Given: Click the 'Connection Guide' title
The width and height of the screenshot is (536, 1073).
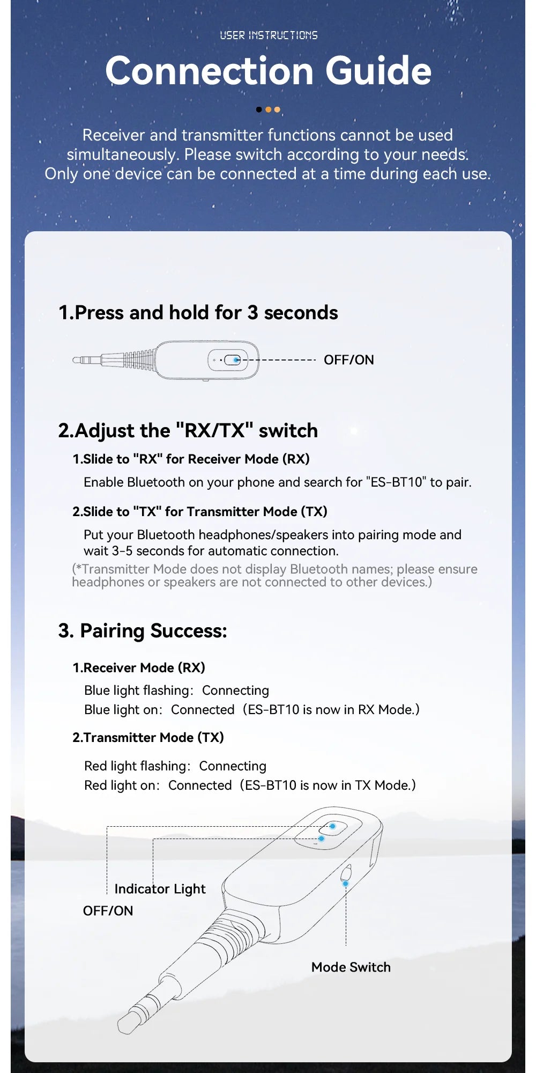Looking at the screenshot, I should (268, 71).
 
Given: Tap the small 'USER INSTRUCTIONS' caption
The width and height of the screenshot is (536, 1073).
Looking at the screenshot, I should (269, 35).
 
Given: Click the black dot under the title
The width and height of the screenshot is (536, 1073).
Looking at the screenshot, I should (259, 109).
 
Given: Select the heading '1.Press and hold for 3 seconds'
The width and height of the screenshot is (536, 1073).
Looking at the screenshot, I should (198, 313).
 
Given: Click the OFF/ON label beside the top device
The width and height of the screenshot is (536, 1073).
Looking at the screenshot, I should (348, 360).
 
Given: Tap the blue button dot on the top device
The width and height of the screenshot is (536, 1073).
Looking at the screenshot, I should (236, 360).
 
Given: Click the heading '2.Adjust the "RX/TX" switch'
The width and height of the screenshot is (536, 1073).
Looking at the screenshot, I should (188, 431).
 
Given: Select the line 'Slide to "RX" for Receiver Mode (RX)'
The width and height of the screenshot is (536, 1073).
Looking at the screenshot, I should (191, 459).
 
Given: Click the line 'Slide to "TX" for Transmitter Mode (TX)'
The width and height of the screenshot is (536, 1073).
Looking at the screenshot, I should (199, 512).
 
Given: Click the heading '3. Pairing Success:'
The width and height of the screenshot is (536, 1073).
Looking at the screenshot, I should (143, 631).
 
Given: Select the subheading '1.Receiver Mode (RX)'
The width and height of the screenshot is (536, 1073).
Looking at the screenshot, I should (139, 668).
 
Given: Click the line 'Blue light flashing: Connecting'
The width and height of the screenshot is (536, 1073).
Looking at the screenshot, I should (176, 690).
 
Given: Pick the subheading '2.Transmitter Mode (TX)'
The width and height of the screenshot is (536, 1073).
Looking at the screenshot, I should (148, 738).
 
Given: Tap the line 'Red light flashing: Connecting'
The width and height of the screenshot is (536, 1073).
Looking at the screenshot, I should (175, 766).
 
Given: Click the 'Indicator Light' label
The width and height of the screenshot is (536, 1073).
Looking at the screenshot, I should (160, 889).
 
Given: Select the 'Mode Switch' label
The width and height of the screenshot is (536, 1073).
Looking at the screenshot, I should (351, 967).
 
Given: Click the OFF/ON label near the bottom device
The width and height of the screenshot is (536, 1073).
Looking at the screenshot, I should (108, 911).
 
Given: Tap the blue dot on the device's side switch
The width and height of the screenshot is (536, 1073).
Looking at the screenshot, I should (345, 883).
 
